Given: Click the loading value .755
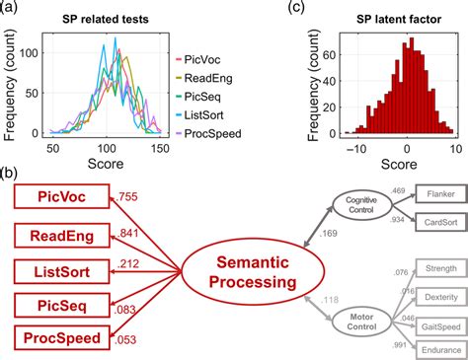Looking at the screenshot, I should tap(129, 195).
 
